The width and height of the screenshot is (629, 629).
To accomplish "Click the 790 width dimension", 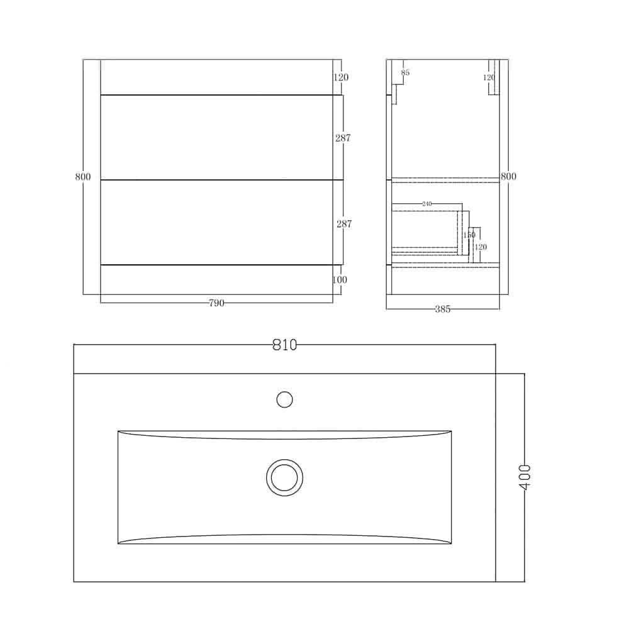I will (216, 303).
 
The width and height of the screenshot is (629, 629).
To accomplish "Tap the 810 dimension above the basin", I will (284, 345).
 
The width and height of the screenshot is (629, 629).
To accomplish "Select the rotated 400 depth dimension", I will (525, 477).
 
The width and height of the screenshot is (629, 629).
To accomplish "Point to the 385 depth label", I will (442, 309).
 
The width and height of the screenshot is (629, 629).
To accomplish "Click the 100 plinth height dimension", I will (340, 279).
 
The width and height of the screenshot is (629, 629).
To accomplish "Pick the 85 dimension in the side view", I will (405, 73).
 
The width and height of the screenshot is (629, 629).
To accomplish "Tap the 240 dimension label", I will (427, 204).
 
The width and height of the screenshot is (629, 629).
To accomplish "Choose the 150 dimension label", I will (469, 235).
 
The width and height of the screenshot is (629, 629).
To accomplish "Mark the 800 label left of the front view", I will (83, 177).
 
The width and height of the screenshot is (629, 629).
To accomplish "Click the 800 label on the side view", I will (508, 177).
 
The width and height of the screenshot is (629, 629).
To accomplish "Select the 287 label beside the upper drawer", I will (343, 138).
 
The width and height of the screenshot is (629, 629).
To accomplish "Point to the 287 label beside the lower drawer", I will (343, 223).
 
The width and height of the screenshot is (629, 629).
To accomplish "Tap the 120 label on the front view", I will (341, 77).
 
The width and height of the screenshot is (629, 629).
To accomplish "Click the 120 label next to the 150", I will (481, 247).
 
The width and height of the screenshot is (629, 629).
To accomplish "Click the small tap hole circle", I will (285, 399).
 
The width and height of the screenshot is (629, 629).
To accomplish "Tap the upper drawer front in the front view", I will (217, 137).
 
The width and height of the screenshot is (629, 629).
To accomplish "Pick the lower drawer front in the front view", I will (217, 223).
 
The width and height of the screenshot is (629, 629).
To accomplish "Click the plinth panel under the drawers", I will (217, 279).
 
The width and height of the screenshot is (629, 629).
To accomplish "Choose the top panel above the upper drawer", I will (217, 77).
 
